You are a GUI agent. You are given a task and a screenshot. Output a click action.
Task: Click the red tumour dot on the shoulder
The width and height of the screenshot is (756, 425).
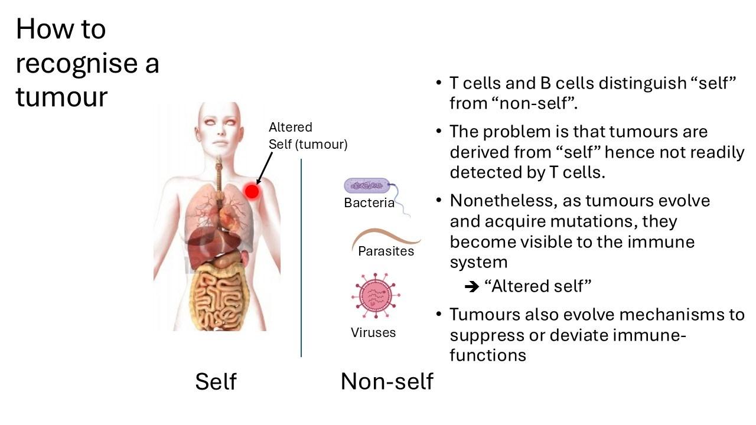coord(252,191)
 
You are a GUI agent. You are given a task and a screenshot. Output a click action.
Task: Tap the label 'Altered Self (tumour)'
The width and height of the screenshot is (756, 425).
coord(308,136)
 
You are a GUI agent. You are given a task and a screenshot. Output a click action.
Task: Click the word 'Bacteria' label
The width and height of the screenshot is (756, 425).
coord(369,203)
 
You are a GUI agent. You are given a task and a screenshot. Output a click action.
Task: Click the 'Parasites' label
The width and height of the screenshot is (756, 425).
coord(386,251)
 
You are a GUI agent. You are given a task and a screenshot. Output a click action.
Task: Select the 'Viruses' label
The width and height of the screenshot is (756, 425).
coord(373,332)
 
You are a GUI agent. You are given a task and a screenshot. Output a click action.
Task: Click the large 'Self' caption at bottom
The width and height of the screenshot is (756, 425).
coord(216,381)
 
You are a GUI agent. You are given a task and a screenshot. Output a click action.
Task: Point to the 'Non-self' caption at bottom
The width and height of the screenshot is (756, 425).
coord(387,381)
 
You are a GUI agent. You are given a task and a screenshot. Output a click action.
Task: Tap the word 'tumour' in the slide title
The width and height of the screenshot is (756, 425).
coord(61,96)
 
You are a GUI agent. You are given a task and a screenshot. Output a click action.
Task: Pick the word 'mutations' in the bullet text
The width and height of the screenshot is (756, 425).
coord(595,221)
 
